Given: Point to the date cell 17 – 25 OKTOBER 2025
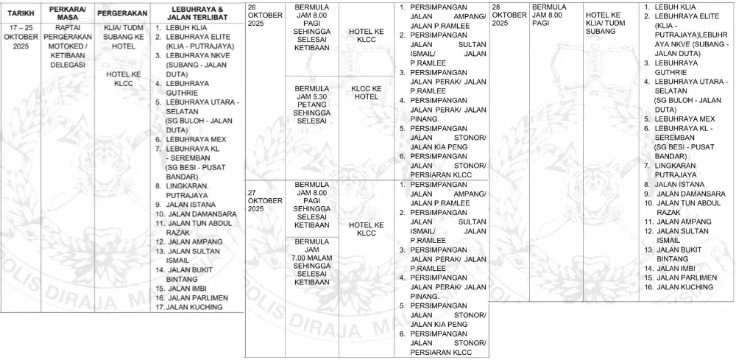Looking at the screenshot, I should point(19,35).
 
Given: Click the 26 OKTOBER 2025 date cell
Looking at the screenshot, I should point(264,15).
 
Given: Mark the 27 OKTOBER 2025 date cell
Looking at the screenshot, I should point(264,200).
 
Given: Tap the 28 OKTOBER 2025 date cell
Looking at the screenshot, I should point(509,15).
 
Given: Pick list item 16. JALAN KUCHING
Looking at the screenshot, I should point(679,286).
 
